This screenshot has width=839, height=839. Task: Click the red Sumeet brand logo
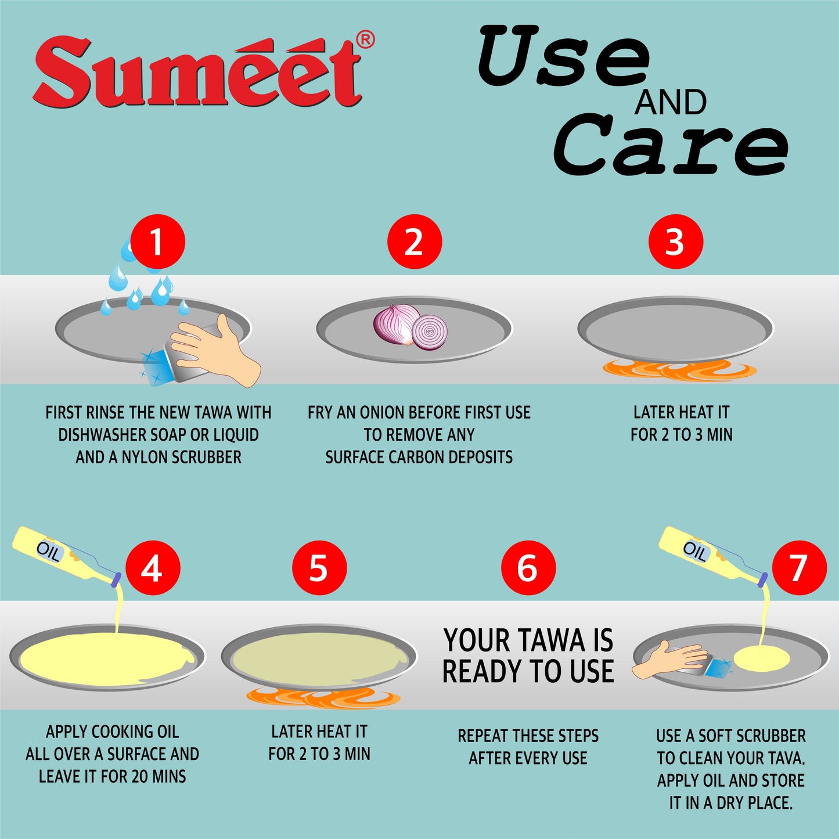tap(197, 73)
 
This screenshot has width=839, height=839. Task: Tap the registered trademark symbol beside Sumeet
tap(365, 39)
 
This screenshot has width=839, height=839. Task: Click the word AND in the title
tap(670, 103)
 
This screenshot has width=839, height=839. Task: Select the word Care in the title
tap(671, 145)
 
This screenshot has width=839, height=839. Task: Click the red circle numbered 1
tap(157, 242)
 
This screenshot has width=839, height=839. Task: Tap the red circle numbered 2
tap(414, 242)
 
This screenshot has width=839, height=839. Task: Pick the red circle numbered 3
tap(675, 242)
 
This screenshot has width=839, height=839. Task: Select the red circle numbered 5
tap(319, 567)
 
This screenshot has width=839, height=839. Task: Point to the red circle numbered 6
tap(528, 567)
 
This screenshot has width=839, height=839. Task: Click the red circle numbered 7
tap(799, 567)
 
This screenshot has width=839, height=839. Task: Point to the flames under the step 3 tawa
tap(679, 370)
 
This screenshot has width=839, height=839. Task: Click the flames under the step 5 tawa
tap(323, 697)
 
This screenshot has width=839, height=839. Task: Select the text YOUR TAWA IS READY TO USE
tap(528, 656)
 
